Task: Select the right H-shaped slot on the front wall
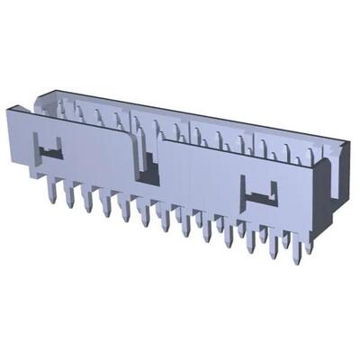tap(260, 192)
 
